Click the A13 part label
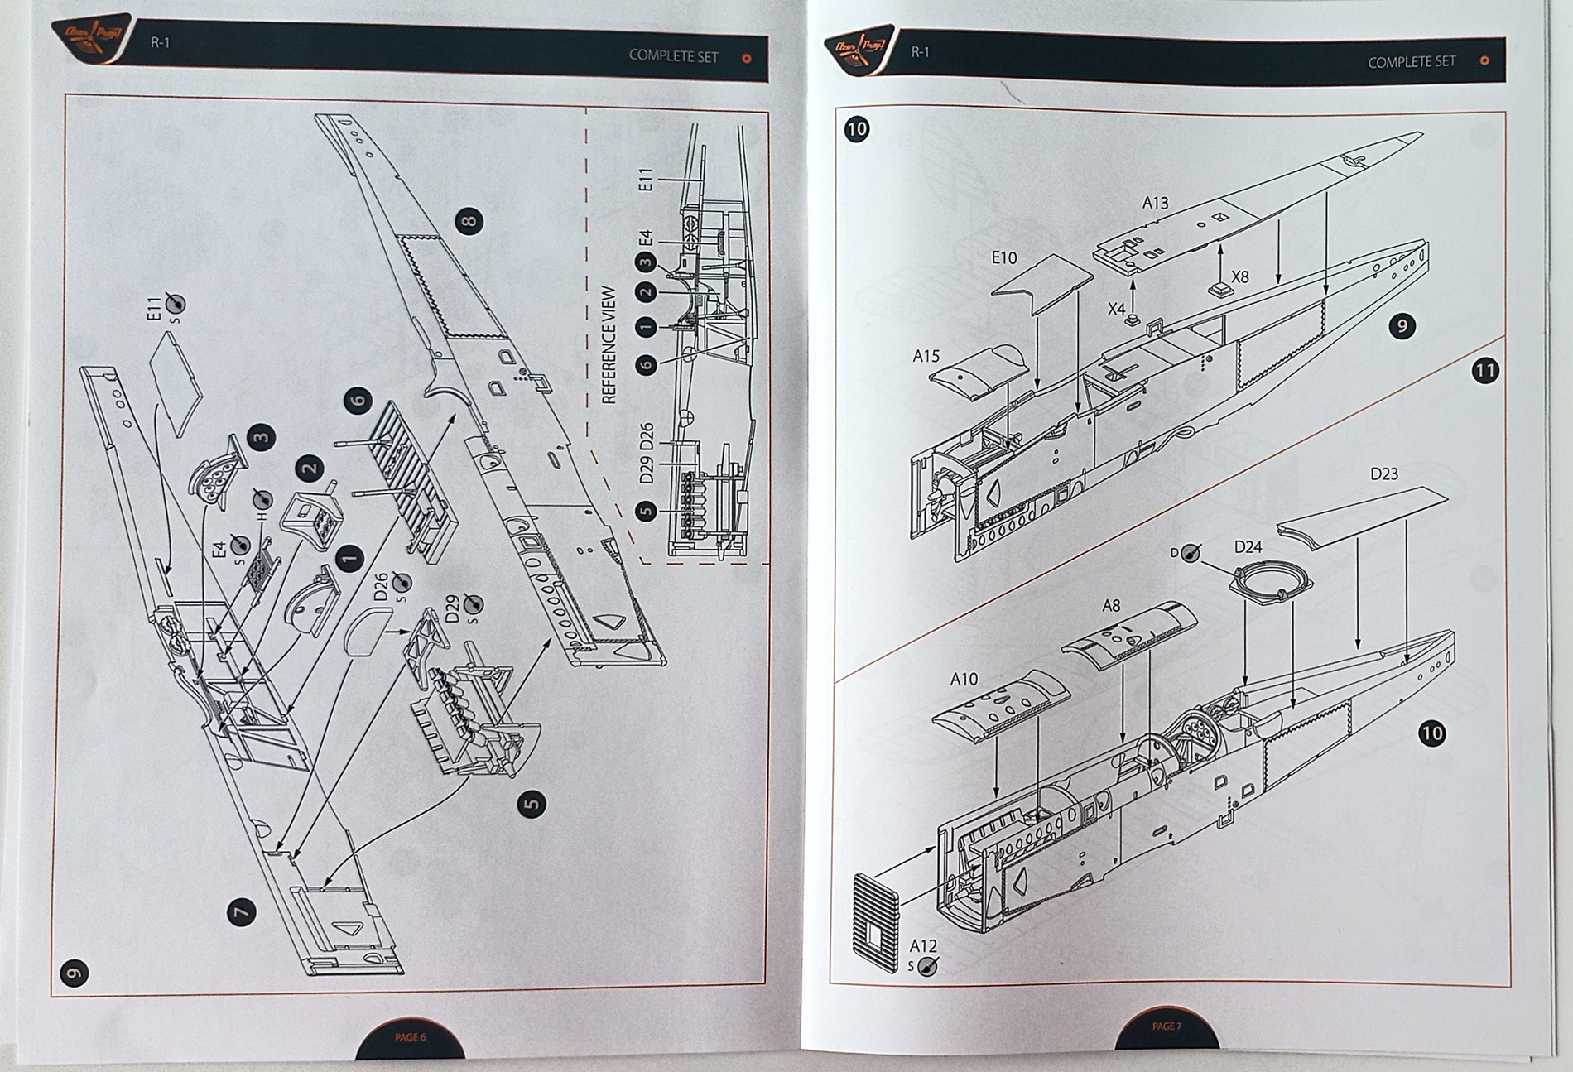click(1155, 203)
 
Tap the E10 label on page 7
click(1003, 258)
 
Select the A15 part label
click(926, 356)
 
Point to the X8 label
click(1239, 277)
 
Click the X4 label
click(1117, 309)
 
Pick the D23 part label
click(1383, 474)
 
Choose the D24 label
click(1248, 546)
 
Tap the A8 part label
click(1111, 606)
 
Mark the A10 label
click(964, 680)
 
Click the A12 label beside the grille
click(923, 945)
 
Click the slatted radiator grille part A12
click(875, 921)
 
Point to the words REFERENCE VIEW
click(609, 344)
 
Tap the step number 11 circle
click(1485, 370)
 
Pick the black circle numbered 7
click(240, 912)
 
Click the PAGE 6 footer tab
click(410, 1037)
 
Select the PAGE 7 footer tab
click(1167, 1026)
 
